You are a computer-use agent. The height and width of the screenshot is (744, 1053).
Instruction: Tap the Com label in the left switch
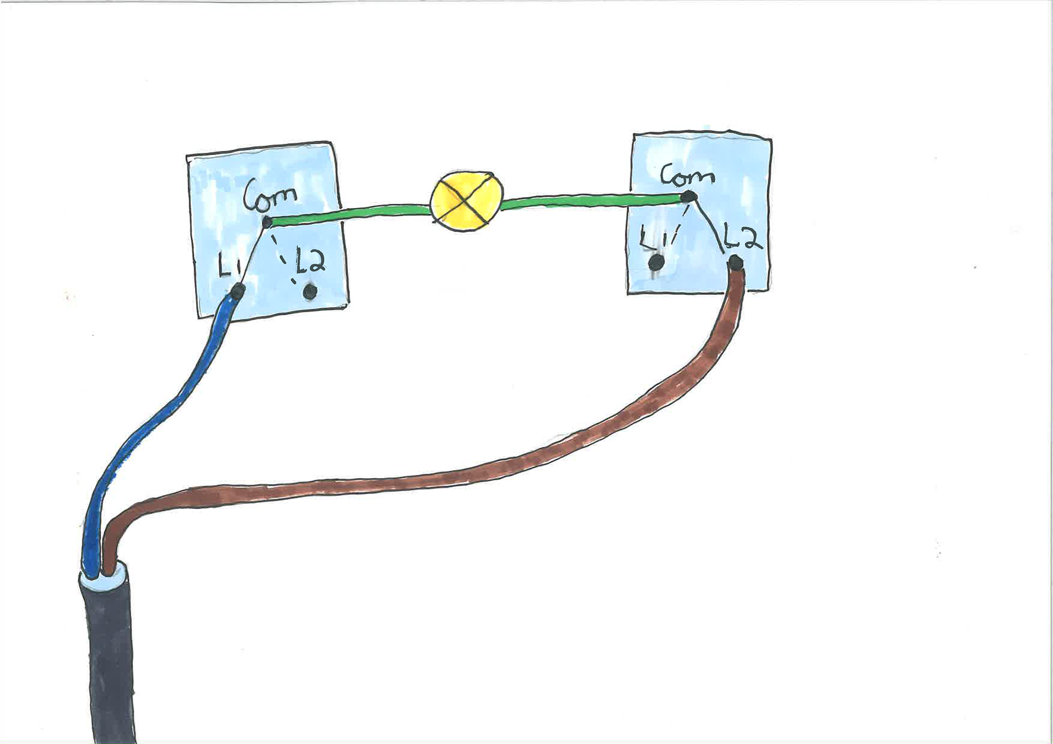270,195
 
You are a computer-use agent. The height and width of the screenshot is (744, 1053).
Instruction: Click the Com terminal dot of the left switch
267,223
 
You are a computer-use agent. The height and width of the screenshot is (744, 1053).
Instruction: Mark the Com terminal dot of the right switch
689,196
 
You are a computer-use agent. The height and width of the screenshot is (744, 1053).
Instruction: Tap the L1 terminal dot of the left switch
238,291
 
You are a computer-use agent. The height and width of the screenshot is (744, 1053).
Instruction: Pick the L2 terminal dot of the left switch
310,292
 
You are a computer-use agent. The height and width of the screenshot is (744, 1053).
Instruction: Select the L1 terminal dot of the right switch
655,263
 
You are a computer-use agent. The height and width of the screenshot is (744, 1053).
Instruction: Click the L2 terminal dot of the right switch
735,264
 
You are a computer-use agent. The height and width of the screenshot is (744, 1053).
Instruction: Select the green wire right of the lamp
592,201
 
